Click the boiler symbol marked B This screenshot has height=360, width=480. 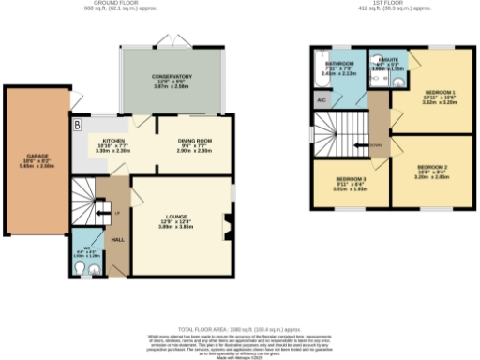coord(76,125)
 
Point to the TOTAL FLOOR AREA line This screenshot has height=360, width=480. coord(238,329)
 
